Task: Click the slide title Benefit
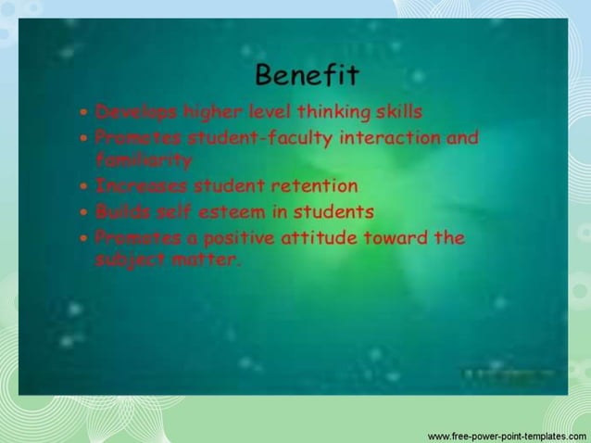[306, 73]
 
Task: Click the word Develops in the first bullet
[135, 112]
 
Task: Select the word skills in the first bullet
[399, 112]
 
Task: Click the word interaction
[389, 139]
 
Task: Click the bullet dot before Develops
[84, 113]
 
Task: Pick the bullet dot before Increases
[84, 186]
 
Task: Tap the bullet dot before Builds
[84, 212]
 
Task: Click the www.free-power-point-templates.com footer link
[506, 435]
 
